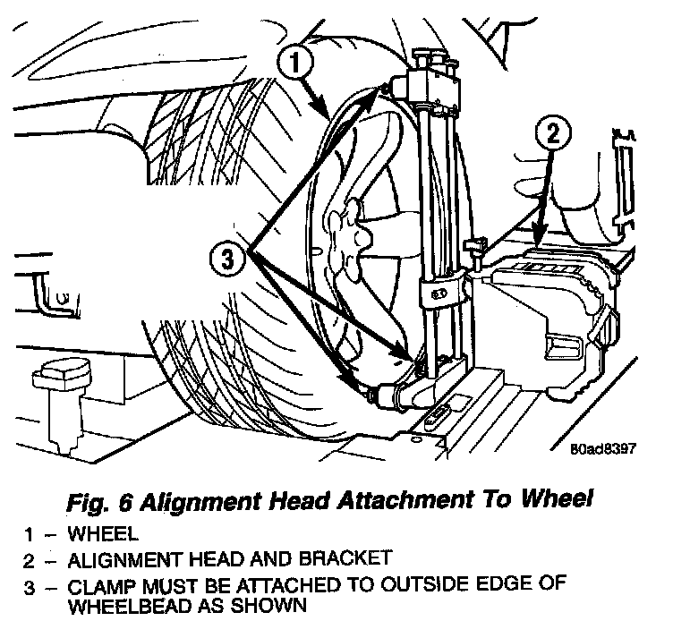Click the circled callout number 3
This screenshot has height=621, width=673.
coord(227,260)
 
